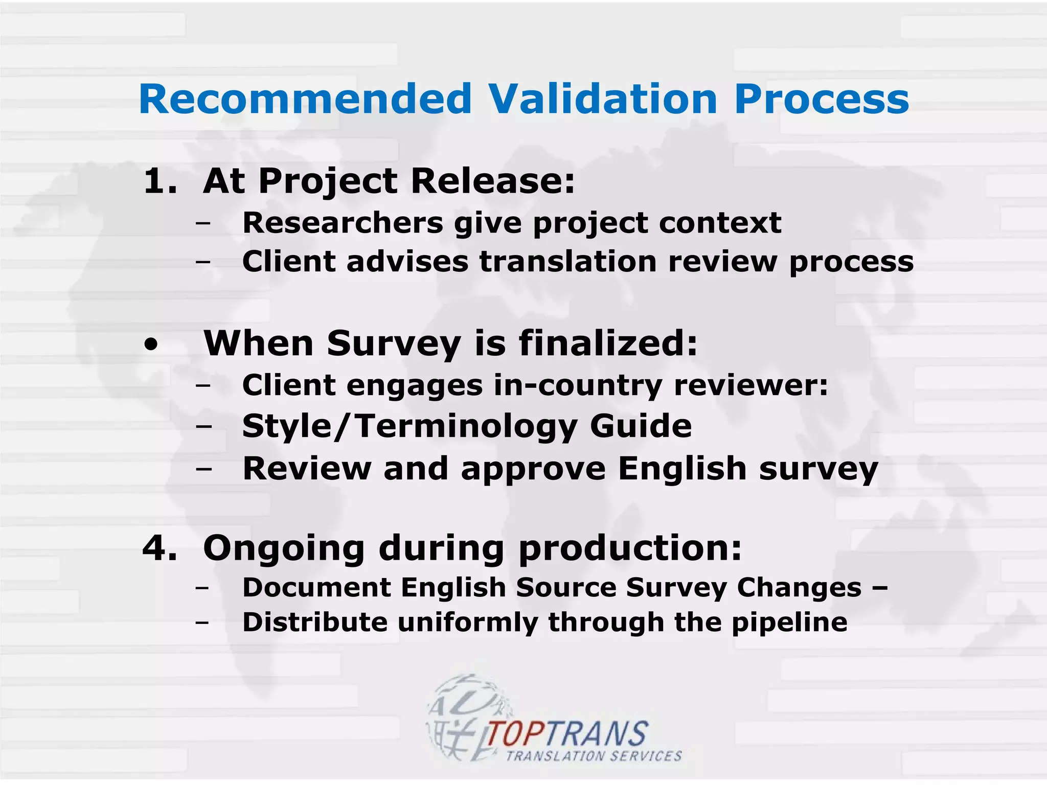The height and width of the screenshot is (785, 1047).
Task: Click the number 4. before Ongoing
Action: coord(160,548)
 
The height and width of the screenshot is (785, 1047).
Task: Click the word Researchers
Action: coord(343,223)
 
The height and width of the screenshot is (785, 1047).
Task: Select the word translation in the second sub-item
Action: coord(567,262)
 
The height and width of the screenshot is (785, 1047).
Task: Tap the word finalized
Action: coord(608,343)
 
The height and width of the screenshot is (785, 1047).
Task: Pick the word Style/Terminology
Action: coord(409,426)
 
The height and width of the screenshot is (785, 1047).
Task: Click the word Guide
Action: coord(641,426)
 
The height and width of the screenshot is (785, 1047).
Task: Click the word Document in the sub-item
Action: coord(317,587)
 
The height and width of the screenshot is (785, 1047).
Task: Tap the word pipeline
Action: coord(789,623)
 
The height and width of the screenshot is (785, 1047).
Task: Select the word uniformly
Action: coord(467,623)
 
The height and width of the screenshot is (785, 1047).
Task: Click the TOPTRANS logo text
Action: coord(566,734)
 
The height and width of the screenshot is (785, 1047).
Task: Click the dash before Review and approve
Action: coord(203,469)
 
